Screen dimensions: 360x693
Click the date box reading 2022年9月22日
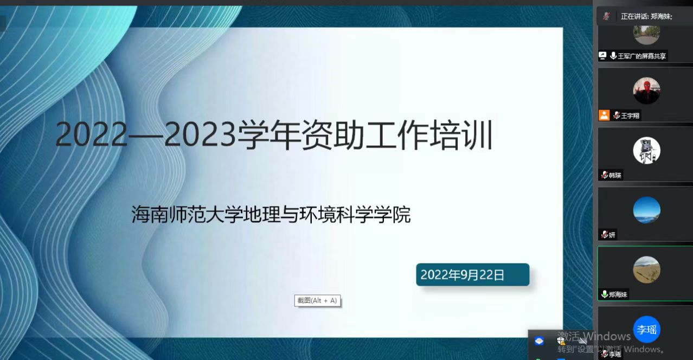click(472, 275)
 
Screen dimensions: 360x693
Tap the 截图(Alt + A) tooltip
click(317, 300)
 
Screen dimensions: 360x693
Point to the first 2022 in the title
click(90, 136)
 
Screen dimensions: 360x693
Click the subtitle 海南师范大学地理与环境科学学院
click(271, 215)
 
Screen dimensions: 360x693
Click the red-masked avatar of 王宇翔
click(646, 91)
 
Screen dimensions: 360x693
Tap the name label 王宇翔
click(630, 115)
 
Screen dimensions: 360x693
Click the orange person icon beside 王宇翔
click(604, 115)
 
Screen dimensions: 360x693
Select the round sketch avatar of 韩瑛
click(646, 150)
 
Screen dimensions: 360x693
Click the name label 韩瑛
click(615, 175)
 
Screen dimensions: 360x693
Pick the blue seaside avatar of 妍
click(646, 210)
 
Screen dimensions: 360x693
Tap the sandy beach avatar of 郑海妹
click(646, 269)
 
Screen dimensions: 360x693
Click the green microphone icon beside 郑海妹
click(604, 294)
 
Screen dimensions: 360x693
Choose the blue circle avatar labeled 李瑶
click(646, 329)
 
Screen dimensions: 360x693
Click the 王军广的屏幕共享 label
click(642, 56)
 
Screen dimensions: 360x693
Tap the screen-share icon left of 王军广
click(602, 55)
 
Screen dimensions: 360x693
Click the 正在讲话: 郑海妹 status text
click(646, 16)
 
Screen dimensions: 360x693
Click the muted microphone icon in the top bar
click(606, 16)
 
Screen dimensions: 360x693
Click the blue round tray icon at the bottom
click(539, 341)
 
